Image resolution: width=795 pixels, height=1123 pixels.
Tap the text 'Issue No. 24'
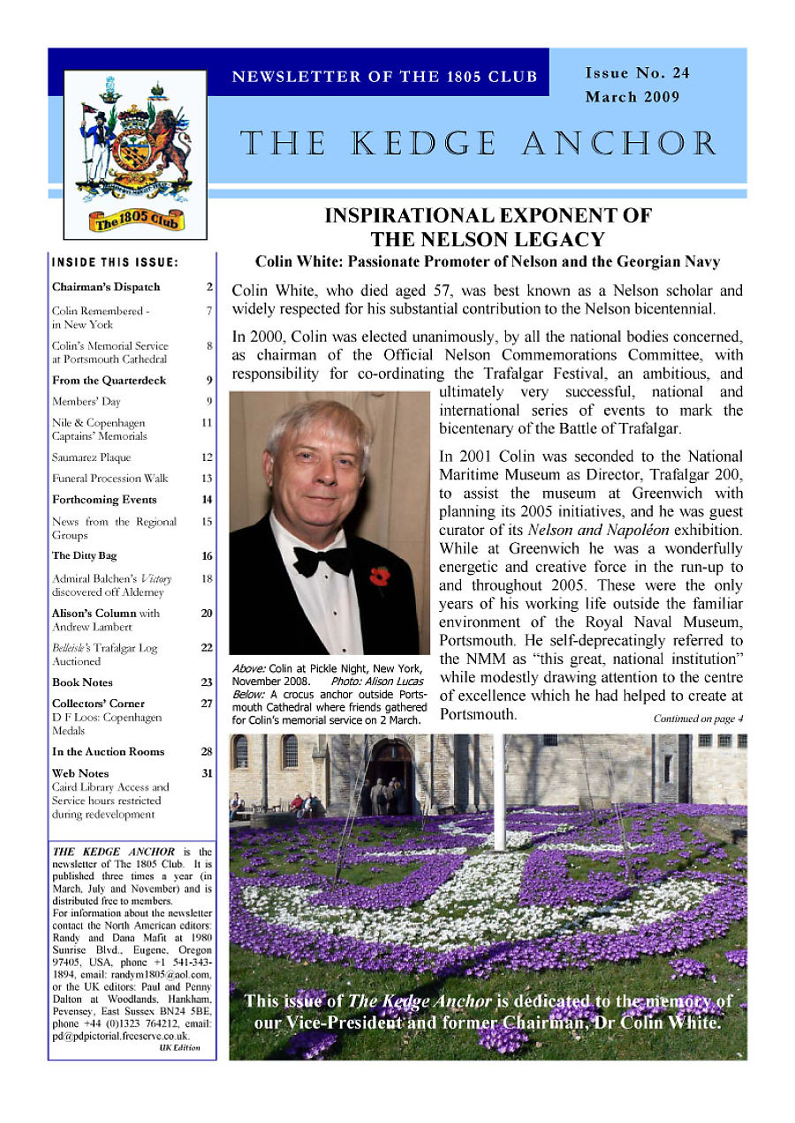coord(637,73)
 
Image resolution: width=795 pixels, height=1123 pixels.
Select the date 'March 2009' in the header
coord(632,97)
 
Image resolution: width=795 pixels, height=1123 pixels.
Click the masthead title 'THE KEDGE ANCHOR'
coord(479,144)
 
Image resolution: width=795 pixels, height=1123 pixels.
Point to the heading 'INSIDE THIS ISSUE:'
coord(115,262)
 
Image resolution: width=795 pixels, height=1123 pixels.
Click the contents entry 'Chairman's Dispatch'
coord(106,287)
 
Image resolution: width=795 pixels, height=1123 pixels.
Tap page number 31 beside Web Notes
coord(207,773)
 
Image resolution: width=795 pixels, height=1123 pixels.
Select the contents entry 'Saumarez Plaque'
coord(91,457)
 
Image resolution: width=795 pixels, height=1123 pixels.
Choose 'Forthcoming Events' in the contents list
coord(104,500)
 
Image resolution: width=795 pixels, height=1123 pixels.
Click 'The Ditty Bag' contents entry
coord(84,556)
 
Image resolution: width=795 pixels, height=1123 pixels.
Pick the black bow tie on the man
coord(322,559)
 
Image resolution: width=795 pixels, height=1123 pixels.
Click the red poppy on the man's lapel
coord(379,577)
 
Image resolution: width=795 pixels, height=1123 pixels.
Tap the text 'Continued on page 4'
coord(698,719)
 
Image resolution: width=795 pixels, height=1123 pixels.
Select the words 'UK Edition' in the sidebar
coord(180,1048)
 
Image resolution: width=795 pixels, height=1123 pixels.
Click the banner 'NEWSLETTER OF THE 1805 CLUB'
coord(384,77)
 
